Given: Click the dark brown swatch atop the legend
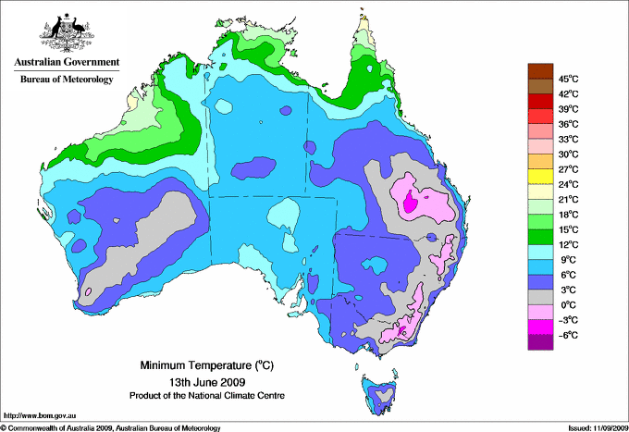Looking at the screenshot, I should pyautogui.click(x=539, y=70).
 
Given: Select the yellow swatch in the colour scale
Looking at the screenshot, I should pyautogui.click(x=539, y=177).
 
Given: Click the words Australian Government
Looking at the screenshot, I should pyautogui.click(x=66, y=63).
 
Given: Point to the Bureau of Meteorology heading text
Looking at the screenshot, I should pyautogui.click(x=66, y=80).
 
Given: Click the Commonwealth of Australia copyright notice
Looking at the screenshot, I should pyautogui.click(x=111, y=426).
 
